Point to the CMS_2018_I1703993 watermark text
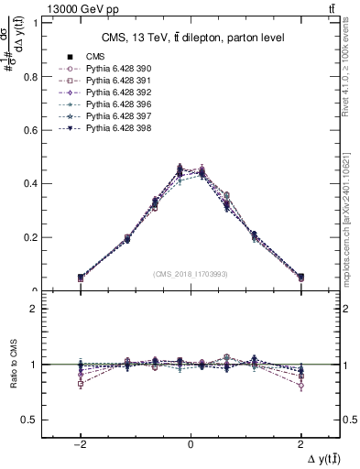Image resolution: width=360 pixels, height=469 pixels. click(x=190, y=274)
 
